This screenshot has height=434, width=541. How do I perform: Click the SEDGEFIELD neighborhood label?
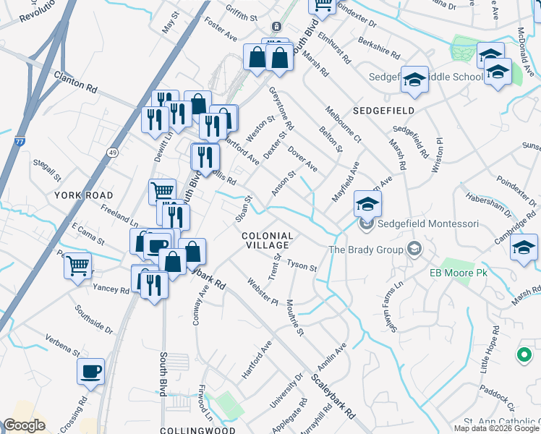[383, 110]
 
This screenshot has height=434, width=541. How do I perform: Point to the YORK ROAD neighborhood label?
[84, 195]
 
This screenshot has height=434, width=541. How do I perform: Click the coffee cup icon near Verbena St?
[91, 372]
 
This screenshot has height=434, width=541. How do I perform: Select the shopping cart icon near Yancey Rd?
[77, 265]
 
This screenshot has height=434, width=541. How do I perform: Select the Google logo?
[24, 425]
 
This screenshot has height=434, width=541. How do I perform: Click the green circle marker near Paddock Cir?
[523, 354]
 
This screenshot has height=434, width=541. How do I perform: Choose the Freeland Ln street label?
[119, 215]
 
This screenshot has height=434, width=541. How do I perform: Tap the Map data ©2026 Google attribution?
[496, 427]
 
